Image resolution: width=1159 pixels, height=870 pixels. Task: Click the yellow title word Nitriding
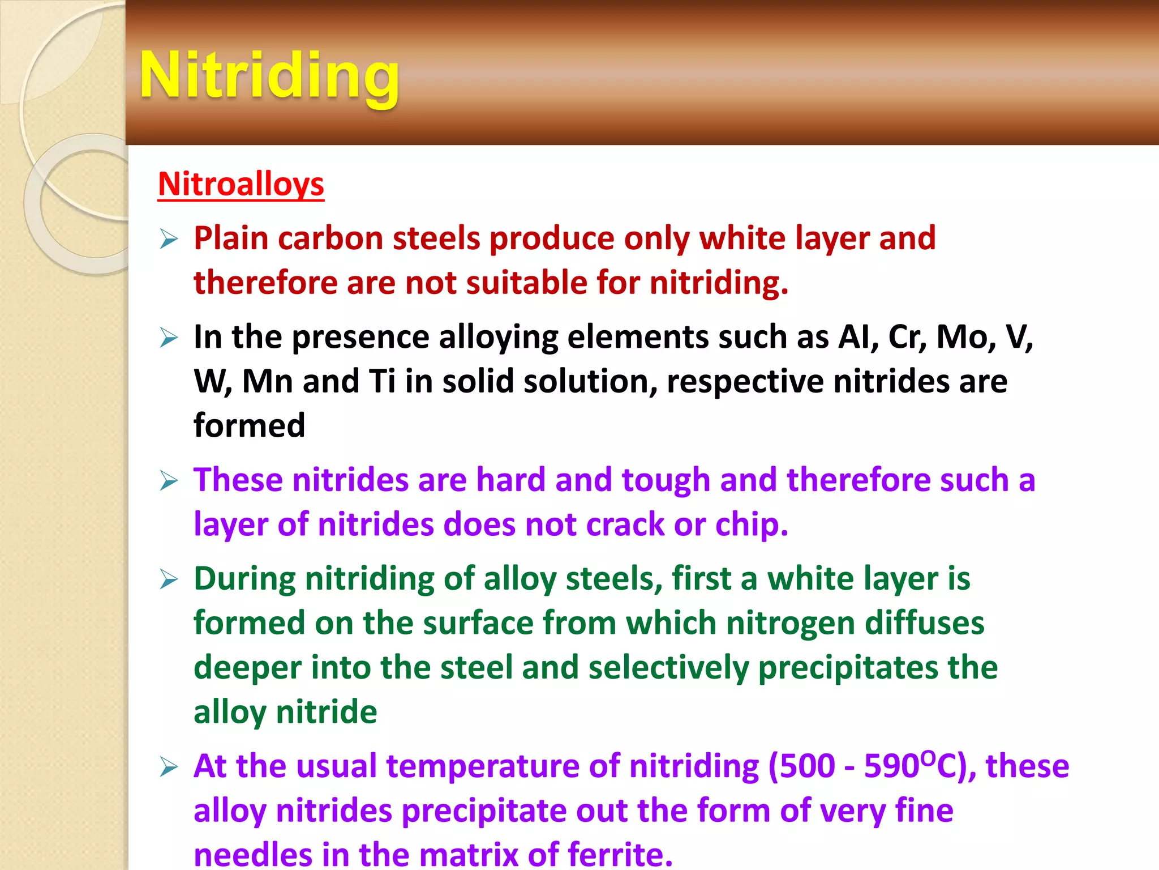click(x=269, y=76)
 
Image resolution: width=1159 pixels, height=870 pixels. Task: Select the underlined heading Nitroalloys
click(x=241, y=184)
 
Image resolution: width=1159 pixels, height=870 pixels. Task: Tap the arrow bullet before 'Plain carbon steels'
click(x=169, y=238)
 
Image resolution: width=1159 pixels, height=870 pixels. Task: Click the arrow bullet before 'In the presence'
click(x=169, y=338)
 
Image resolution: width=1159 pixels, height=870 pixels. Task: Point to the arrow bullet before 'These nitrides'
click(x=169, y=481)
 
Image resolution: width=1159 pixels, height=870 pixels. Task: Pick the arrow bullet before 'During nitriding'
click(x=169, y=579)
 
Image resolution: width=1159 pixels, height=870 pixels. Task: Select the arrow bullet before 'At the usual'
click(x=169, y=767)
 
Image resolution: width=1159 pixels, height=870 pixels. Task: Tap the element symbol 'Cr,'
click(x=907, y=338)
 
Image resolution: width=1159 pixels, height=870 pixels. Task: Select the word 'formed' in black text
click(x=249, y=425)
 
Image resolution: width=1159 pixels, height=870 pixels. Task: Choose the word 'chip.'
click(x=752, y=524)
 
